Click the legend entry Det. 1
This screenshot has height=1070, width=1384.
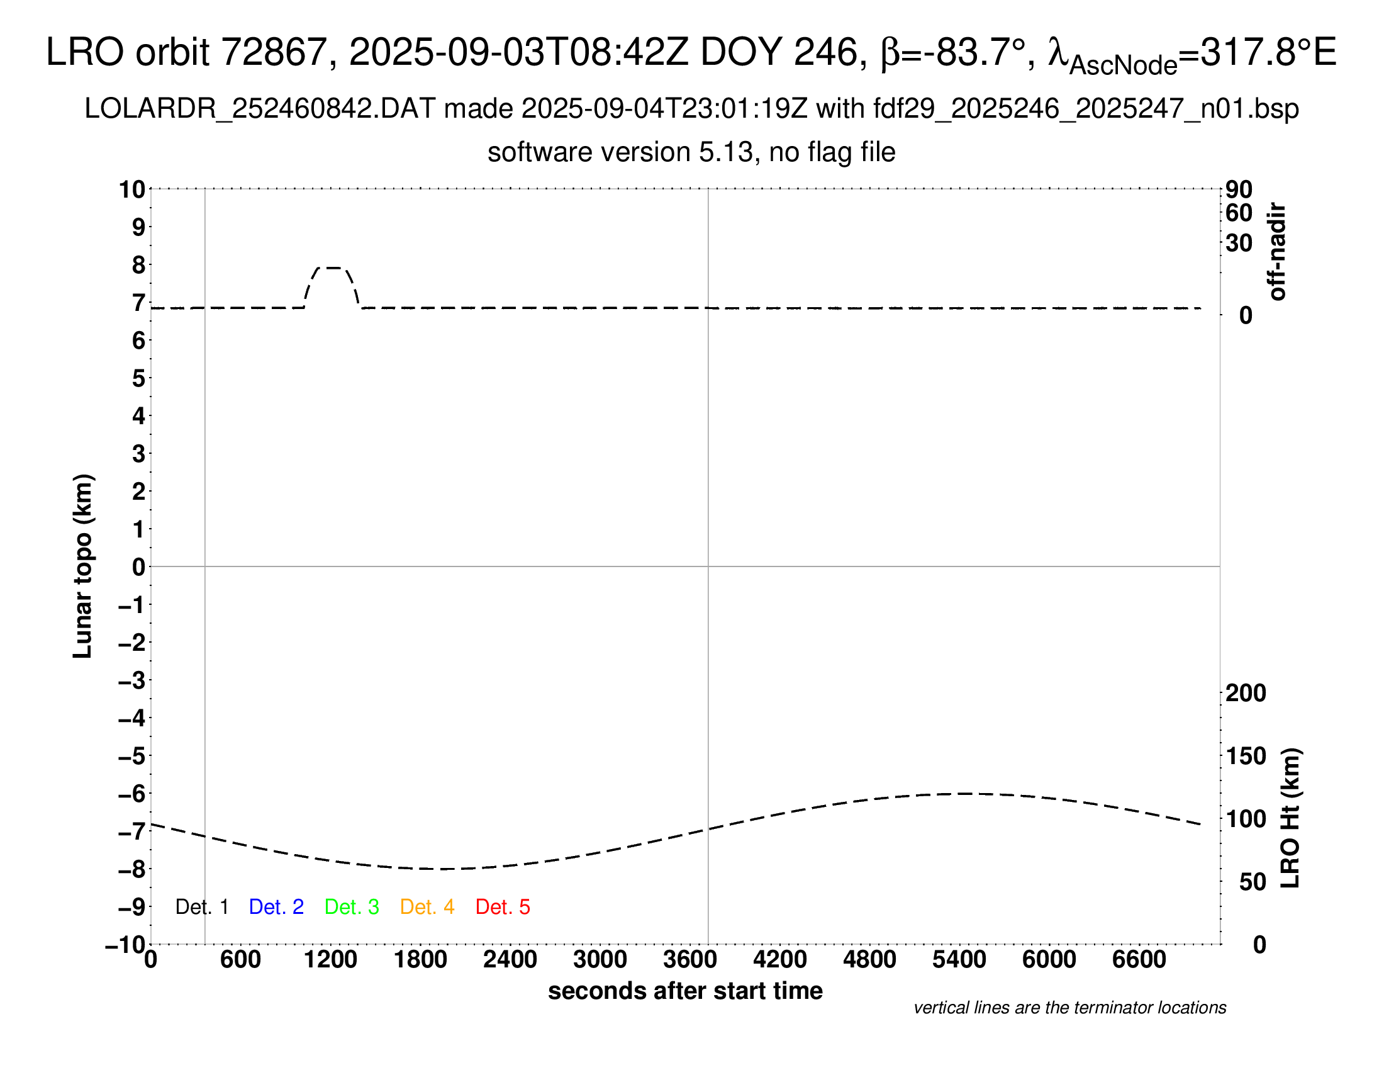pyautogui.click(x=201, y=907)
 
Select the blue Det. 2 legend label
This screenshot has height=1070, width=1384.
pyautogui.click(x=276, y=907)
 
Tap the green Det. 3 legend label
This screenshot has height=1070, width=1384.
pyautogui.click(x=352, y=907)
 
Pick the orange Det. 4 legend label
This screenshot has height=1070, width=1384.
pyautogui.click(x=427, y=907)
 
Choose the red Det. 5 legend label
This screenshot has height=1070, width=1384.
pyautogui.click(x=503, y=907)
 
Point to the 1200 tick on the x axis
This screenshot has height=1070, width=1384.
pyautogui.click(x=330, y=960)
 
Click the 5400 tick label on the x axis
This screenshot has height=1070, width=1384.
pyautogui.click(x=959, y=960)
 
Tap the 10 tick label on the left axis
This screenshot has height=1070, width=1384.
pyautogui.click(x=133, y=189)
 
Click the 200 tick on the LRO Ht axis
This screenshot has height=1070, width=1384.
pyautogui.click(x=1246, y=693)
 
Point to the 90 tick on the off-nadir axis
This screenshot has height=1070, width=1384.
pyautogui.click(x=1239, y=189)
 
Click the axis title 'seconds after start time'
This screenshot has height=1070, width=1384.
pyautogui.click(x=685, y=991)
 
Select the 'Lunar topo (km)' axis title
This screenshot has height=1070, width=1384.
pyautogui.click(x=83, y=566)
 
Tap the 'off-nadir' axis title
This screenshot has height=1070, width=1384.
pyautogui.click(x=1277, y=252)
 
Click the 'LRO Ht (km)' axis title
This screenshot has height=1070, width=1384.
pyautogui.click(x=1290, y=818)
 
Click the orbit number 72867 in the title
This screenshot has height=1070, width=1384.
pyautogui.click(x=274, y=52)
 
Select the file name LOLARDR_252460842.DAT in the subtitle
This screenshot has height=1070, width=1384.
pyautogui.click(x=260, y=109)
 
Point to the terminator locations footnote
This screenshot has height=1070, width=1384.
pyautogui.click(x=1069, y=1008)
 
